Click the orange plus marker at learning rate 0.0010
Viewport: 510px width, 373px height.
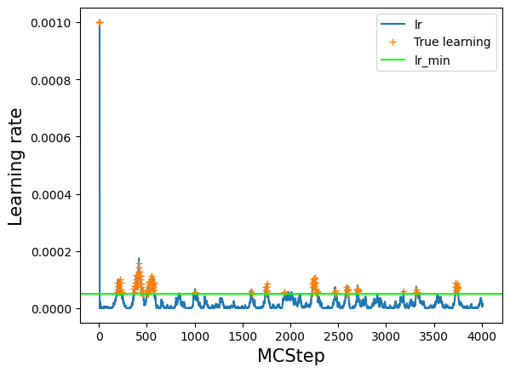pyautogui.click(x=100, y=22)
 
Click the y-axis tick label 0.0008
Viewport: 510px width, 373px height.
pyautogui.click(x=51, y=80)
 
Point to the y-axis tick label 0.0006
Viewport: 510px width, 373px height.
pyautogui.click(x=51, y=138)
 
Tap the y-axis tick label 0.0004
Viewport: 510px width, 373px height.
pyautogui.click(x=51, y=195)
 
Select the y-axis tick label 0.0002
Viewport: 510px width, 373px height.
pyautogui.click(x=51, y=252)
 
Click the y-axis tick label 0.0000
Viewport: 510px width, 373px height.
pyautogui.click(x=51, y=309)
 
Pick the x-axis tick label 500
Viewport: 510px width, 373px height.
pyautogui.click(x=147, y=336)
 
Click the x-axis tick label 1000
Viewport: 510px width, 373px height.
pyautogui.click(x=195, y=336)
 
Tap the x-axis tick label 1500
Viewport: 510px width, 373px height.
pyautogui.click(x=243, y=336)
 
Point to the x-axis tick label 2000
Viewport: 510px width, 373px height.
pyautogui.click(x=290, y=336)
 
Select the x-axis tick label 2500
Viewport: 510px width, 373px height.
pyautogui.click(x=338, y=336)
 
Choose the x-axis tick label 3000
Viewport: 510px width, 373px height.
pyautogui.click(x=386, y=336)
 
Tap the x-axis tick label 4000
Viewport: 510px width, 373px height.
pyautogui.click(x=482, y=336)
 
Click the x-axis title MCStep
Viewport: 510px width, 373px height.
pyautogui.click(x=291, y=355)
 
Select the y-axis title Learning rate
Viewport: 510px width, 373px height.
pyautogui.click(x=15, y=167)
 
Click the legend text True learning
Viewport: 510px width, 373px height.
pyautogui.click(x=452, y=42)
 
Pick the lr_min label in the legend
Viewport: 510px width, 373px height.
pyautogui.click(x=433, y=60)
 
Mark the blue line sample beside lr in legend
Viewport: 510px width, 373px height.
pyautogui.click(x=393, y=24)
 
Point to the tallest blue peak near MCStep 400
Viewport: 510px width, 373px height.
pyautogui.click(x=139, y=259)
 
